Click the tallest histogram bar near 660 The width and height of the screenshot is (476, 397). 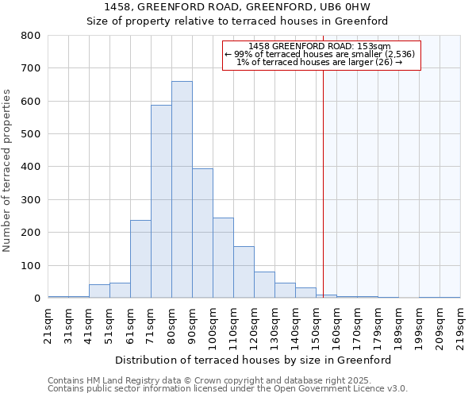(x=182, y=190)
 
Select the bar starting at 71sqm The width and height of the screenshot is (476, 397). (x=161, y=202)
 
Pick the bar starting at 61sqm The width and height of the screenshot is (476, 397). (x=140, y=259)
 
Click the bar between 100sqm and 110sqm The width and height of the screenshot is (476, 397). (x=223, y=258)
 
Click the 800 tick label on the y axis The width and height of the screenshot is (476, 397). (x=31, y=36)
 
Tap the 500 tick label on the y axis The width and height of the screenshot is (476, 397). (x=31, y=134)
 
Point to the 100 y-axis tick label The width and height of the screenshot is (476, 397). (x=31, y=265)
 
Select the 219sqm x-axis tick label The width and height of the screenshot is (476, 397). (x=460, y=325)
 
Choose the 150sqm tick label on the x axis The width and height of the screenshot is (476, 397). (x=316, y=325)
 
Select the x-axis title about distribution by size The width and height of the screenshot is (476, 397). (x=254, y=360)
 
